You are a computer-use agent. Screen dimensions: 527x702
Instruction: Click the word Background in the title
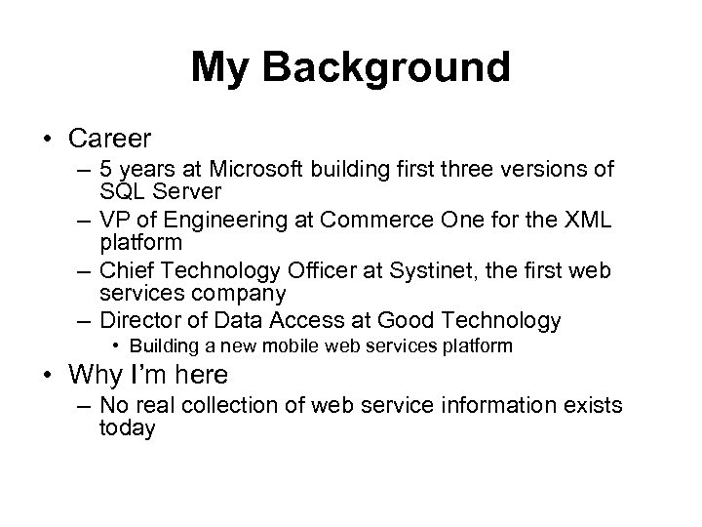coord(389,68)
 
